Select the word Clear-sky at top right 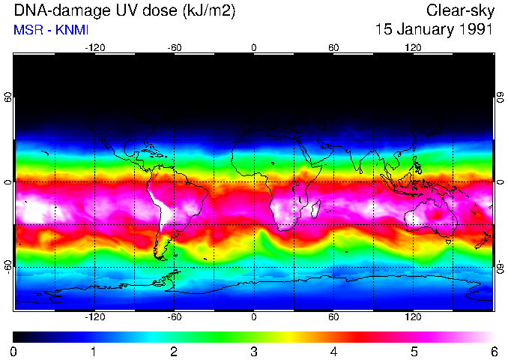click(x=459, y=10)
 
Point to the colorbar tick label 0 click(x=14, y=351)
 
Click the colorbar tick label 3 click(x=253, y=351)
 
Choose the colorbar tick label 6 click(x=493, y=351)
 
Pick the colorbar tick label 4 click(x=333, y=351)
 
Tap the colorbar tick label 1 click(x=94, y=351)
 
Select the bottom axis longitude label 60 click(x=334, y=317)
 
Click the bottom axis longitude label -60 click(x=174, y=317)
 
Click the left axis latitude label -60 click(x=7, y=267)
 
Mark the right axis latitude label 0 click(x=501, y=182)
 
